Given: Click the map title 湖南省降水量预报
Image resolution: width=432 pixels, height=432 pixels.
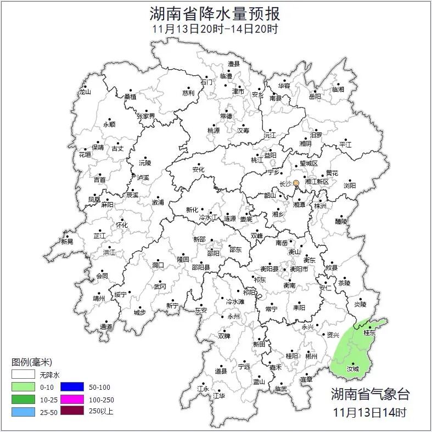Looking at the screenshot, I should coord(215,13).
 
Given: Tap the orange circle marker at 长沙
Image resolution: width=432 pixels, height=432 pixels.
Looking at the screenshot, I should coord(296,183).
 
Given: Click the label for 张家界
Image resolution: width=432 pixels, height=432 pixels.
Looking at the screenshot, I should coord(146,116).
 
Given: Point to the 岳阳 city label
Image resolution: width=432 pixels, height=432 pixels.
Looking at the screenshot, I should coord(315,97).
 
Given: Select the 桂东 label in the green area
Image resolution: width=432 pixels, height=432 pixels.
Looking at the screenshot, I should coord(370,333).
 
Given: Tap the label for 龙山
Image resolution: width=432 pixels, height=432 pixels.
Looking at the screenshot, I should coord(84,92).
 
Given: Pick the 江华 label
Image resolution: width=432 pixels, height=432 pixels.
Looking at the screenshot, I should coord(219,395).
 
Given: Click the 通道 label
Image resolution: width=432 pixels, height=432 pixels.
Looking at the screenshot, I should coord(106,327).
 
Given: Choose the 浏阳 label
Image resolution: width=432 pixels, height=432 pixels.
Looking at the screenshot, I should coord(350,186).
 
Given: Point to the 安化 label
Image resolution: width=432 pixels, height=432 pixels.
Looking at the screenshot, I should coord(198,170).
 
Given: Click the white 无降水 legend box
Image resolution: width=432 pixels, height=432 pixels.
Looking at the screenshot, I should coord(24,375).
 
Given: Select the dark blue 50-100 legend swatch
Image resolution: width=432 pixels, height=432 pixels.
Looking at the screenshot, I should coord(72,387).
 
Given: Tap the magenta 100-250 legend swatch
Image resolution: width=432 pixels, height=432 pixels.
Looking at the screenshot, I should coord(72,399).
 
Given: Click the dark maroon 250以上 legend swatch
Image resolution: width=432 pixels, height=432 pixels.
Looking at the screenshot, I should coord(72,411).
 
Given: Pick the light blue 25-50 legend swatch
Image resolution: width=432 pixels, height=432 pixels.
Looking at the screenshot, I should coord(24,411).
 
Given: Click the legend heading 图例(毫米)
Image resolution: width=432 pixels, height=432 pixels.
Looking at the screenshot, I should coord(32,362).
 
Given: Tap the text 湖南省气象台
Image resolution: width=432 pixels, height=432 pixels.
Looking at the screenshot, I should coord(370,394).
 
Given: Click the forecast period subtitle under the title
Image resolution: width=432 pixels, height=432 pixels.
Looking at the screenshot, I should coord(215,29).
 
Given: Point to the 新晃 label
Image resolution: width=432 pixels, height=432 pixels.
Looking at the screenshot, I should coord(67,242).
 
